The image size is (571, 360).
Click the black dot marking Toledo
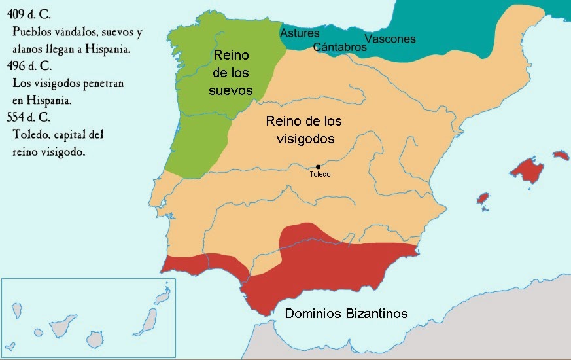318,167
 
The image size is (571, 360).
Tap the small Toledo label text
320,175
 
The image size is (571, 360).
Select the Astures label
300,33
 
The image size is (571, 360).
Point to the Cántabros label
339,47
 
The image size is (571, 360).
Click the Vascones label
390,39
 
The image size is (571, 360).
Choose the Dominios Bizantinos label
346,314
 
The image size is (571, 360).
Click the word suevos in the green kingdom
230,89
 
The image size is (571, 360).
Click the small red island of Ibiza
483,198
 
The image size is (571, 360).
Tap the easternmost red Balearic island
561,155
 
